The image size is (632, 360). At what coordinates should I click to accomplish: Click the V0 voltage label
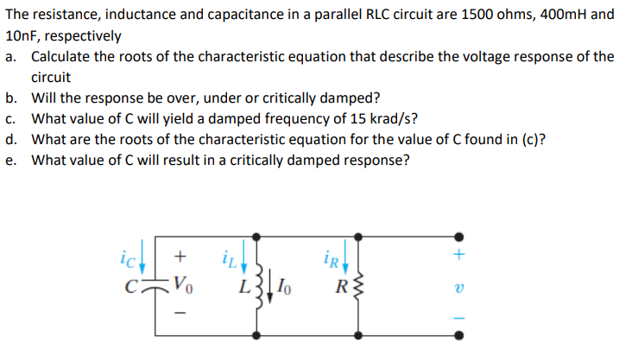[x=180, y=281]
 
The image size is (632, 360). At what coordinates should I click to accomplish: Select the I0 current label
[x=285, y=284]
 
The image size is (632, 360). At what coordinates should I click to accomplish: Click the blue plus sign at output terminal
[x=459, y=256]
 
